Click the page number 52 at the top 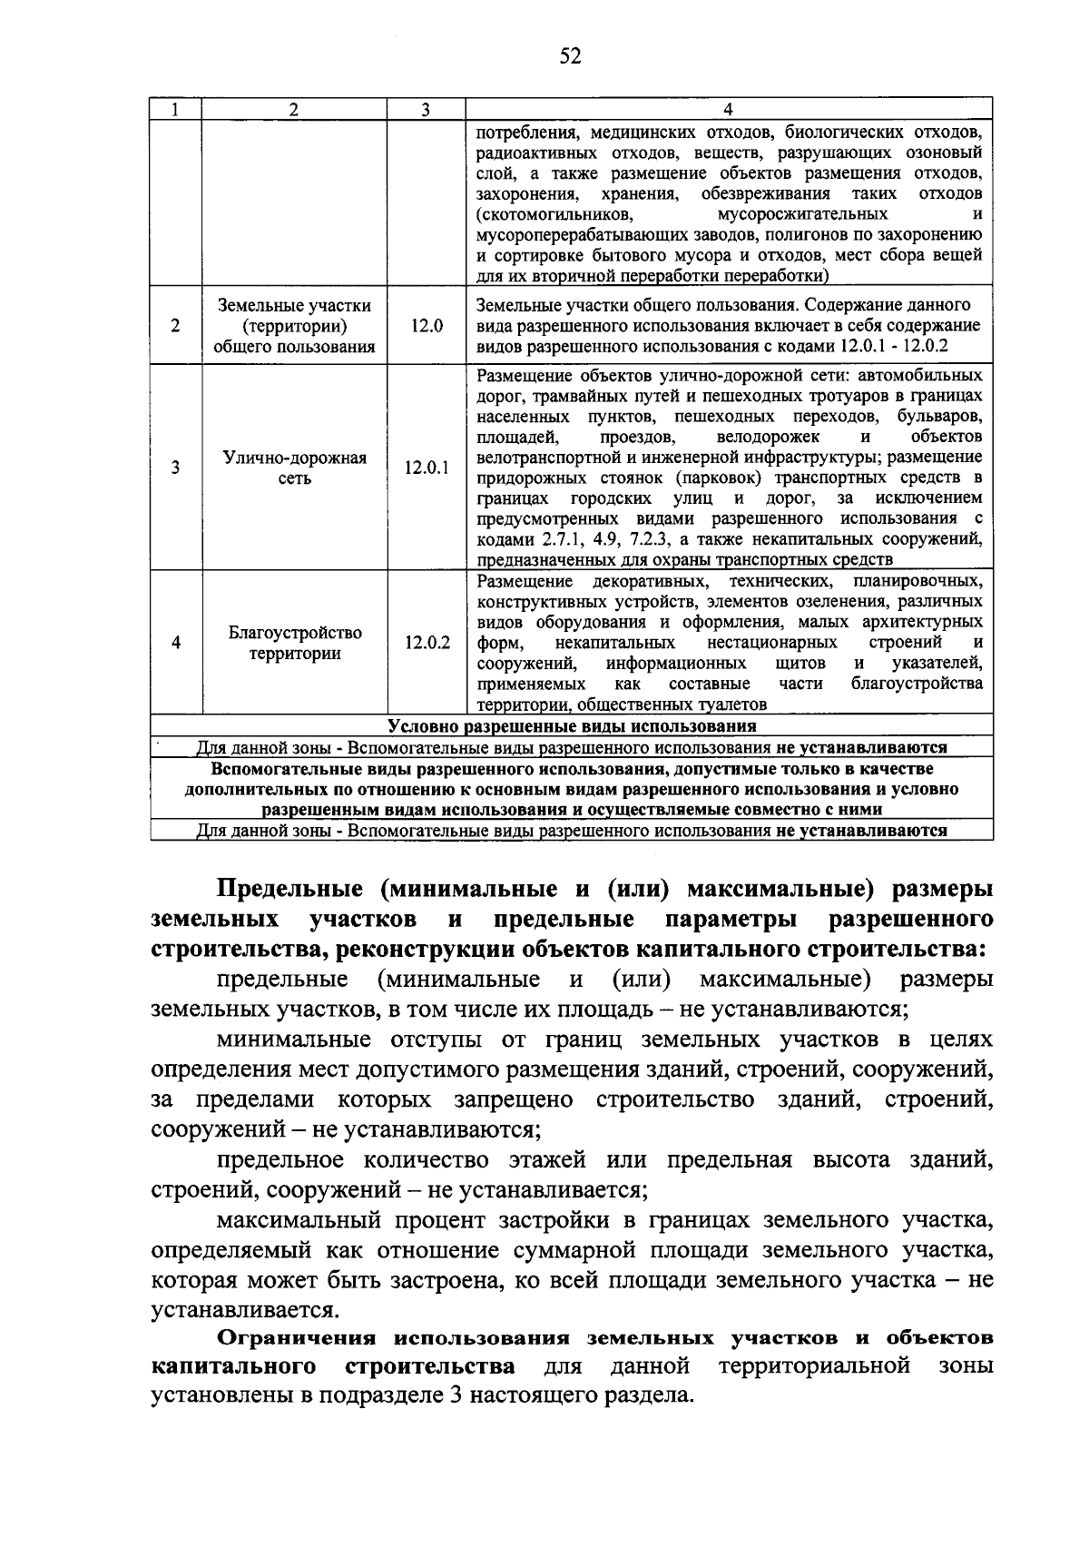point(569,57)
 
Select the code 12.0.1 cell point(426,468)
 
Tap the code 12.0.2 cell point(426,643)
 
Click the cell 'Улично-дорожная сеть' point(295,468)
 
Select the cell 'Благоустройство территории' point(295,643)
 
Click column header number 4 point(728,109)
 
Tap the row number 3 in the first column point(175,468)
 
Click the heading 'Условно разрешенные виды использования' point(572,726)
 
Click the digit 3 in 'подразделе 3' point(456,1395)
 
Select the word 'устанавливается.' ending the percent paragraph point(244,1310)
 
